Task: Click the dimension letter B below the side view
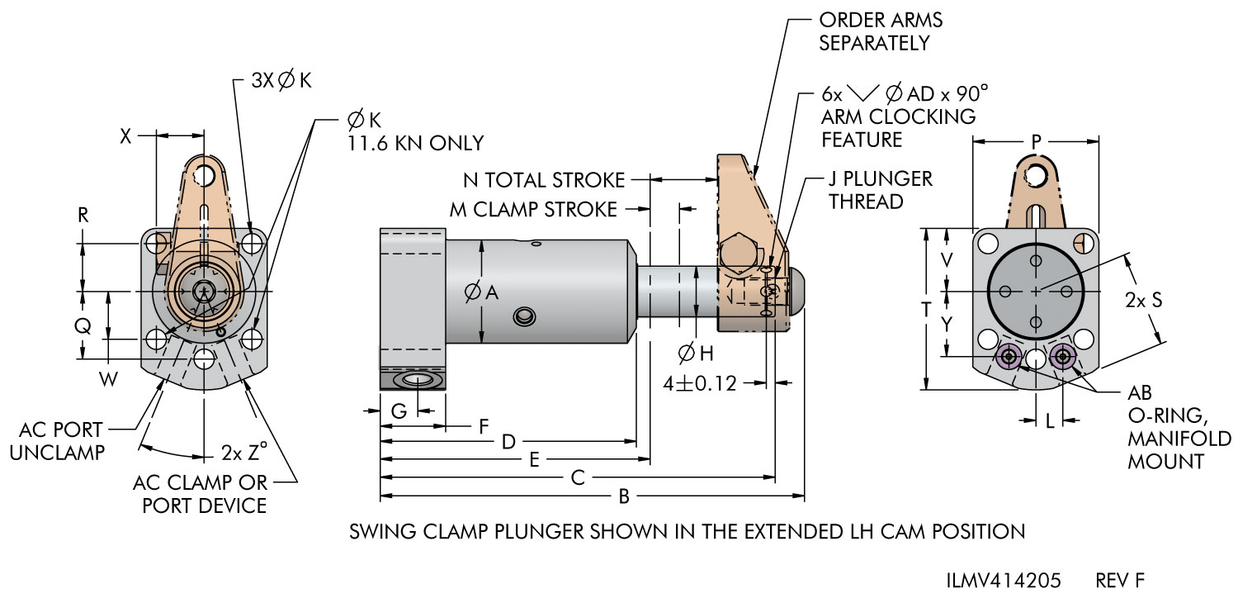625,496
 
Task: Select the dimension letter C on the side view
578,477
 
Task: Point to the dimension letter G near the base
399,411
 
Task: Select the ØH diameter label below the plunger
696,354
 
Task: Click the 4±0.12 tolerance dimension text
699,384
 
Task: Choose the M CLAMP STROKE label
532,209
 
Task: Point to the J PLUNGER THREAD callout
880,190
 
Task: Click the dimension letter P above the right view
1037,143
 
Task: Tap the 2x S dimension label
1144,301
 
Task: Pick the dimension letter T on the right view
926,310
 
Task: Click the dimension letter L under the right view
1050,421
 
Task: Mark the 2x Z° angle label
245,453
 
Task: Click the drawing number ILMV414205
1003,579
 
